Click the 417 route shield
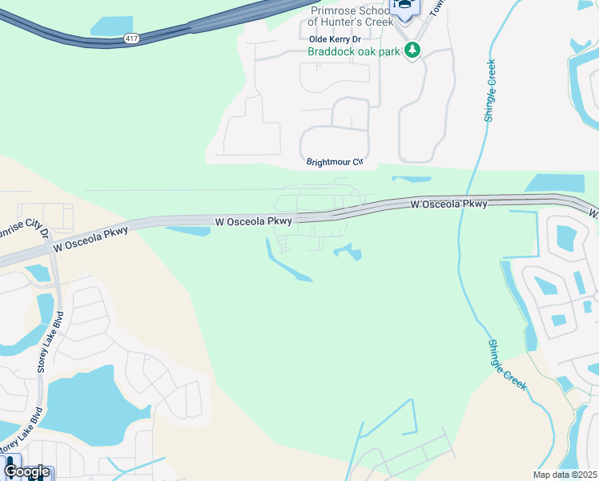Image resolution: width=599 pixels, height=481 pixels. (x=131, y=38)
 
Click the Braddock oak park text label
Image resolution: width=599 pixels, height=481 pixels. (x=355, y=51)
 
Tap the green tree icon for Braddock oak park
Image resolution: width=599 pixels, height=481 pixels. (x=412, y=51)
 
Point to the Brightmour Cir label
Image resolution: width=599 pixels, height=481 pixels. (x=335, y=162)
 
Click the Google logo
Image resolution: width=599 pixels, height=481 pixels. (x=26, y=471)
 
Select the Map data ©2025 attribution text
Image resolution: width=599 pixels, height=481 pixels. (x=565, y=475)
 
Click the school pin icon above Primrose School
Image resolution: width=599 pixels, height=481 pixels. (x=404, y=9)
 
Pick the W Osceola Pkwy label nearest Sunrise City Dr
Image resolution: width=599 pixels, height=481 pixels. (x=90, y=240)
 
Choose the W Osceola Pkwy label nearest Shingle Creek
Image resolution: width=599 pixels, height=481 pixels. (x=448, y=204)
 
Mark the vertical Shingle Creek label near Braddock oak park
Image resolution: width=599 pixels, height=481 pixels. (x=489, y=91)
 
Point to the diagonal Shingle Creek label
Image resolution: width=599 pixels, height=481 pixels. (x=507, y=365)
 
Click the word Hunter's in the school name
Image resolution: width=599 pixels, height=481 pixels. (x=362, y=22)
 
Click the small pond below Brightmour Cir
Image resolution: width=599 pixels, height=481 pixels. (x=411, y=180)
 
